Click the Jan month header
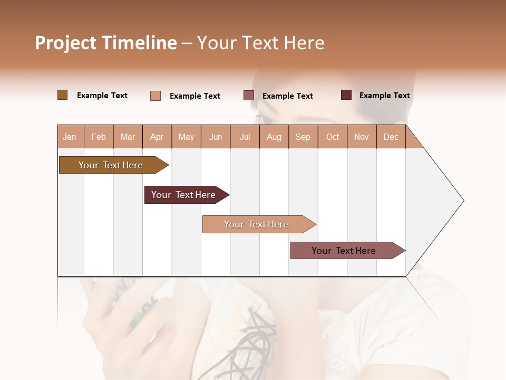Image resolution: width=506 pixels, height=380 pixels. (x=70, y=137)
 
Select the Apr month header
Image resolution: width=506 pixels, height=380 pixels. (x=157, y=137)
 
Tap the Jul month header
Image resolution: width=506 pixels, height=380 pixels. (x=245, y=137)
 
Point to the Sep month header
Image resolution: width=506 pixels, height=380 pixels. (x=303, y=137)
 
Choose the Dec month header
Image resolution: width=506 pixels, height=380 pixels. (x=391, y=137)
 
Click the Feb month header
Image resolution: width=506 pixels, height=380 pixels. (x=99, y=137)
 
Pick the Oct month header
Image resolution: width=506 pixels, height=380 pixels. (x=333, y=137)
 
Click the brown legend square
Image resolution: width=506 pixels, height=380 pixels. (x=63, y=95)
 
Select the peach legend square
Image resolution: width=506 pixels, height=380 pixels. (x=155, y=96)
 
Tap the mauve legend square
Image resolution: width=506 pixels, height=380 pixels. (x=249, y=96)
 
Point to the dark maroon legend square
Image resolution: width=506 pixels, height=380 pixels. (x=346, y=95)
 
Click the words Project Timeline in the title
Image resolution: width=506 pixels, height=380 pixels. (x=106, y=43)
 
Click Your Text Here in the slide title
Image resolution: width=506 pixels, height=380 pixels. (x=260, y=43)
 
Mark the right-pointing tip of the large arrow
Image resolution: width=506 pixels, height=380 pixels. (x=462, y=201)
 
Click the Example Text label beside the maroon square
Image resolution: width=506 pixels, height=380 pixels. (x=384, y=96)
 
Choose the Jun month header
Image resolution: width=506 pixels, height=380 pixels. (x=216, y=137)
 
